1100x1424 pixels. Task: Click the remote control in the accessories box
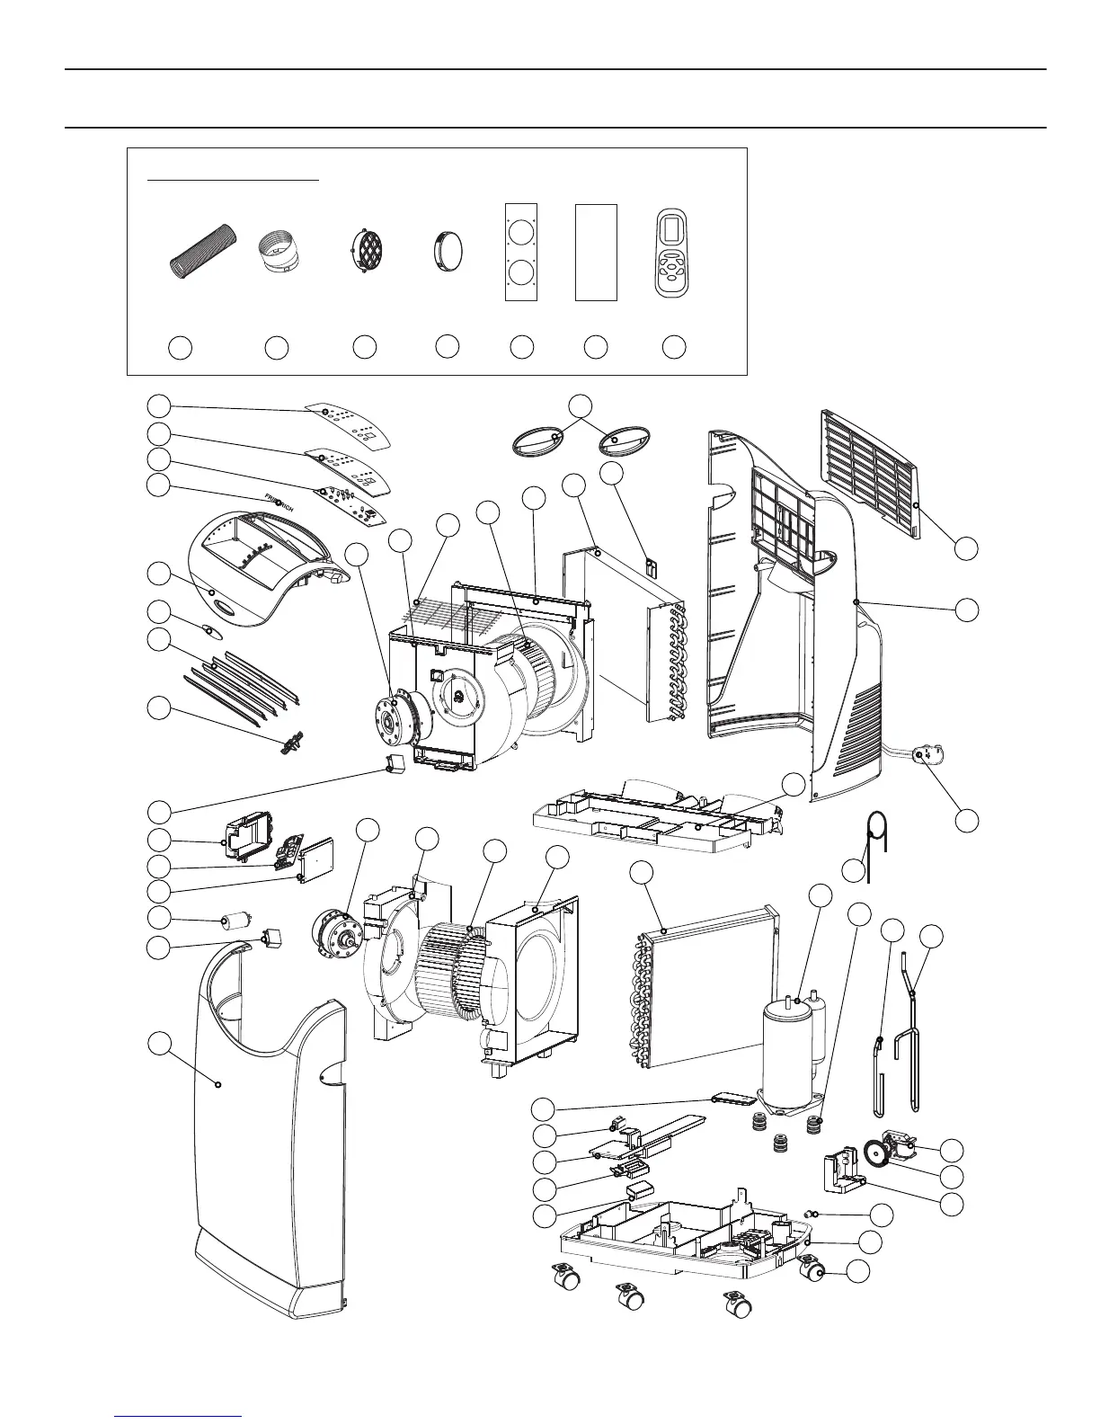click(x=674, y=254)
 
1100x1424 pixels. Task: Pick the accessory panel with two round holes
click(x=521, y=252)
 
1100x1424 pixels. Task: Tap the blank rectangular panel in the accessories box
click(x=596, y=252)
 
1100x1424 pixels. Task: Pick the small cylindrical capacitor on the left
click(x=235, y=922)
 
